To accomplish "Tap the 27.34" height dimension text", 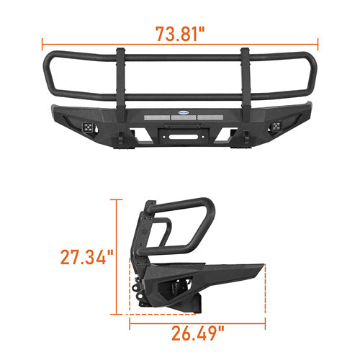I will tap(88, 256).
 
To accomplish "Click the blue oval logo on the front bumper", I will tap(180, 112).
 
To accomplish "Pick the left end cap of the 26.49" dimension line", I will tap(130, 314).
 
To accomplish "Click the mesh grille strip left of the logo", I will tap(148, 113).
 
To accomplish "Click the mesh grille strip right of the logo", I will tap(212, 113).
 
